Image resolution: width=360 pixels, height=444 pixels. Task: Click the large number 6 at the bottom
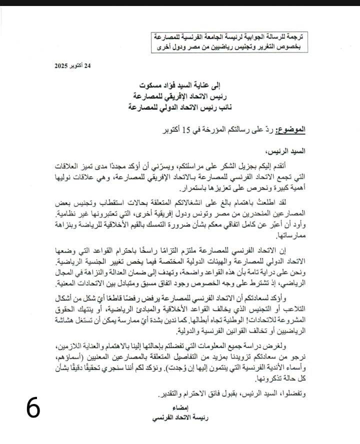33,408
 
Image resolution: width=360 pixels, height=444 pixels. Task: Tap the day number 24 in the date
88,65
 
